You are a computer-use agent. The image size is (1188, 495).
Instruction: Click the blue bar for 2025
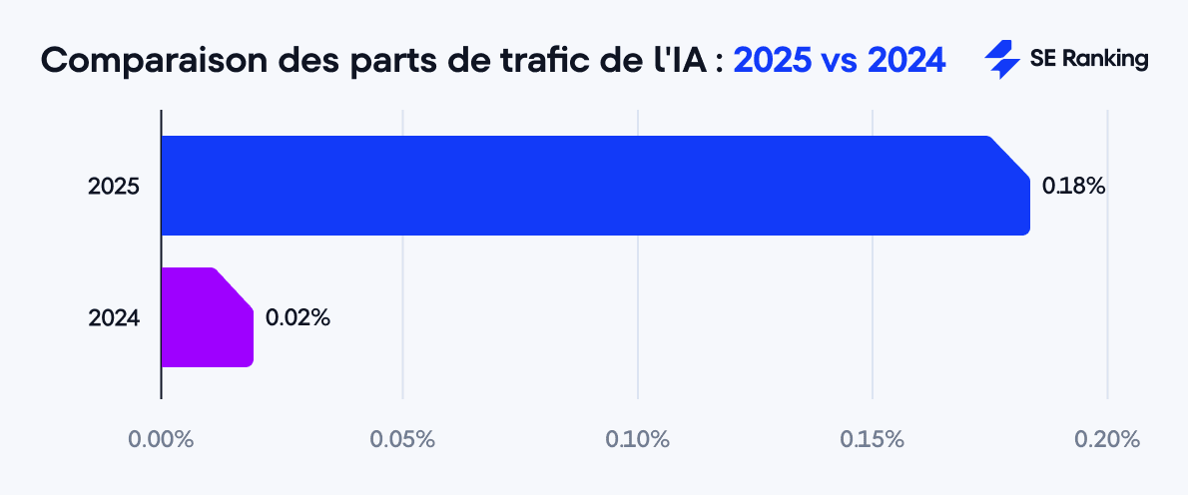click(595, 186)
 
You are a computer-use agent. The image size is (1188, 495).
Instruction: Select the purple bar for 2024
click(207, 317)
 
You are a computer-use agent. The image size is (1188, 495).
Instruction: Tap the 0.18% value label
click(1073, 186)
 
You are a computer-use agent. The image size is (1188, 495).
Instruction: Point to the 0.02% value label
click(297, 318)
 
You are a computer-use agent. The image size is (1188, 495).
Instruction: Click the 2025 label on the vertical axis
click(114, 187)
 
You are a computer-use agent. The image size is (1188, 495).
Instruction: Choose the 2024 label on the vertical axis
click(114, 318)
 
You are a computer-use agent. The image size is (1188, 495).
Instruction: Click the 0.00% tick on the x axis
click(161, 439)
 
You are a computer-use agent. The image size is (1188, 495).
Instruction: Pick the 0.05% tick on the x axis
click(402, 439)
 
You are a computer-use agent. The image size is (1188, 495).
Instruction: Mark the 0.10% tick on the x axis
click(637, 439)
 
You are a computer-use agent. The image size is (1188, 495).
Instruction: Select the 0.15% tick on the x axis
click(873, 439)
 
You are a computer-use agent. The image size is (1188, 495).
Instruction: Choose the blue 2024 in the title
click(906, 61)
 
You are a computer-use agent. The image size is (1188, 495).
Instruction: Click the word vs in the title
click(840, 61)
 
